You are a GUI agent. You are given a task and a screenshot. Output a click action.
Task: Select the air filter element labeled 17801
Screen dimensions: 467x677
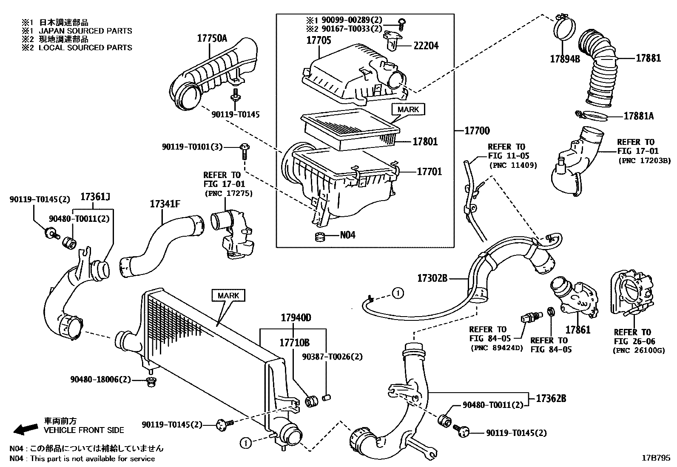349,130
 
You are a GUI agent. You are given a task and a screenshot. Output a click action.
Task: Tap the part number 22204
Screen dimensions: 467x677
426,45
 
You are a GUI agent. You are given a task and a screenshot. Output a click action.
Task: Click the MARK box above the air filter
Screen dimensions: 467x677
408,109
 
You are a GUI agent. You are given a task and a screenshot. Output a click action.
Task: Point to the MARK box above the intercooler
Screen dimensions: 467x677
228,295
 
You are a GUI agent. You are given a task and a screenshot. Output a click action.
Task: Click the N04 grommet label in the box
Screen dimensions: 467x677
347,235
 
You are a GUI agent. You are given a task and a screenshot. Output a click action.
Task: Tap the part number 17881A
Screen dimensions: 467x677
638,116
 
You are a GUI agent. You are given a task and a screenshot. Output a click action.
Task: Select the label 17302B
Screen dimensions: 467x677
432,278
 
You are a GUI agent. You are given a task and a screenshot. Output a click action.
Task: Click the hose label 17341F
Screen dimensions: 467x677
165,204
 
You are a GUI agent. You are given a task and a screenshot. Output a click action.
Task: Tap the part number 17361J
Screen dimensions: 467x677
95,196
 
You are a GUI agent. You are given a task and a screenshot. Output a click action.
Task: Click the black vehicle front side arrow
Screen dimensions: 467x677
25,429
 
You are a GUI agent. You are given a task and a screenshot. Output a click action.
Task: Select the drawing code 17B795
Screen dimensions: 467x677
655,458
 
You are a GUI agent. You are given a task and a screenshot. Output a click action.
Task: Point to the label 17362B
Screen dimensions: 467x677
551,399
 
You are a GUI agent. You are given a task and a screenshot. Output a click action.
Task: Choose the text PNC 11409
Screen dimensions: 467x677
513,165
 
